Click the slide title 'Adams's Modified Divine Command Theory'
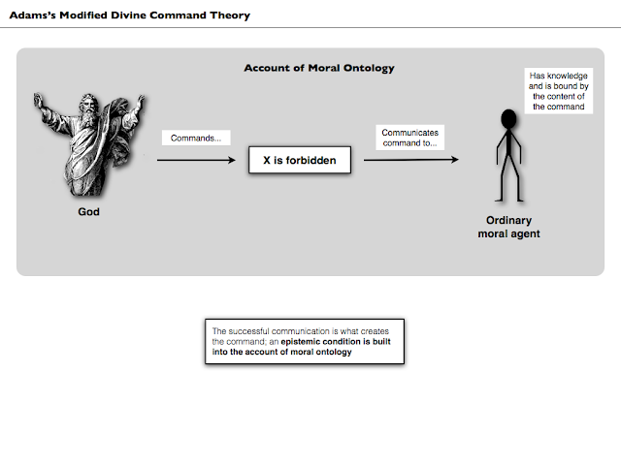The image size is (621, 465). (129, 15)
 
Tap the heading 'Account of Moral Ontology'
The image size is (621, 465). (318, 69)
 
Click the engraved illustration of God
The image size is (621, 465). (87, 145)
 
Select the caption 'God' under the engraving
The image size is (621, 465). (88, 211)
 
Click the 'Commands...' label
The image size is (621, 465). (195, 138)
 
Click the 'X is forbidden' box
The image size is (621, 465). (300, 160)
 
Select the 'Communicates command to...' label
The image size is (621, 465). (409, 138)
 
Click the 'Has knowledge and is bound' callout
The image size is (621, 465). (559, 91)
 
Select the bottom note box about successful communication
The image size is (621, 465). (305, 341)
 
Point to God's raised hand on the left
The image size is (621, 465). (40, 100)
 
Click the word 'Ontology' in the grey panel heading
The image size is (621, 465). (369, 69)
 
